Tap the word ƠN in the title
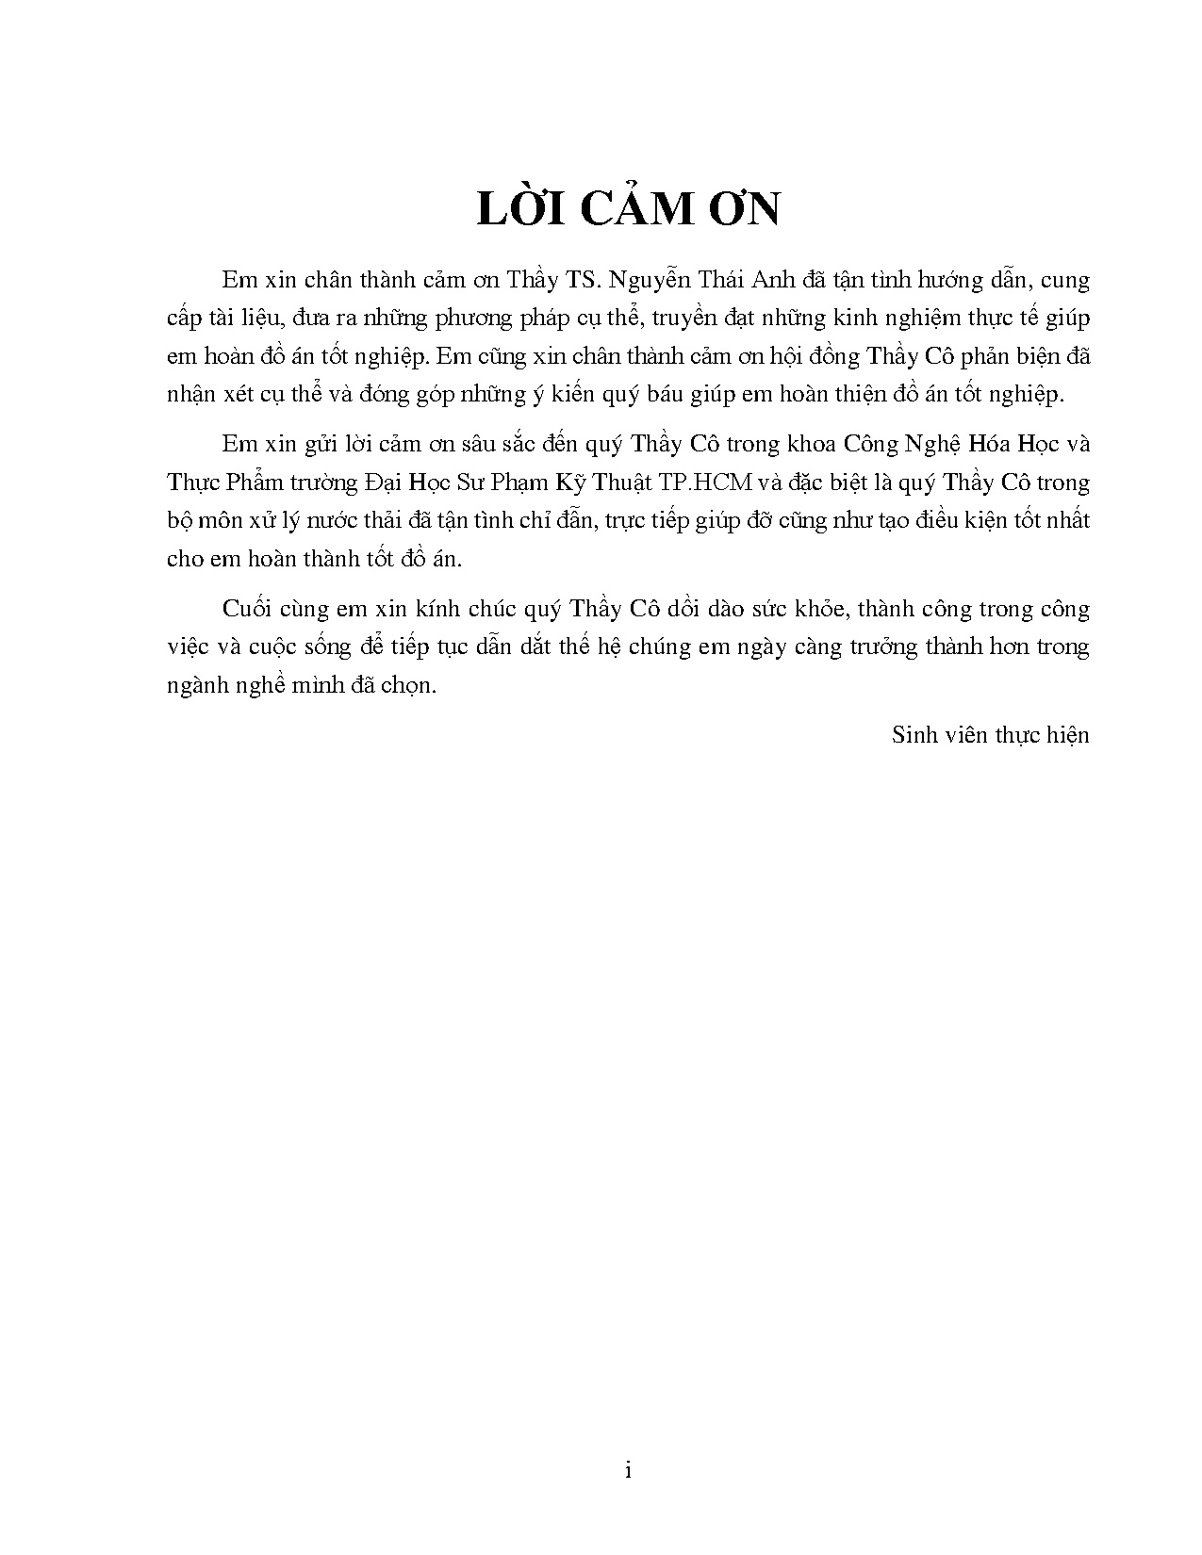[x=739, y=209]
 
